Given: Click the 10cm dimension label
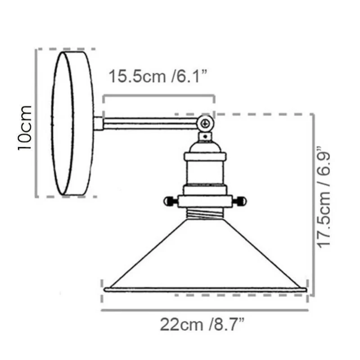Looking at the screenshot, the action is [24, 128].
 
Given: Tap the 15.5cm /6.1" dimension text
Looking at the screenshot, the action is [158, 76].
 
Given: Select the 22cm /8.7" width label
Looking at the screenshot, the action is [202, 324].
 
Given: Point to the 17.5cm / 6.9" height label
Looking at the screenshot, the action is [323, 197].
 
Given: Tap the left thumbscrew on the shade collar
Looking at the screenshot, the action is [171, 202].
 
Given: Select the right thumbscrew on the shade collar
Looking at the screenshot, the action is [239, 202].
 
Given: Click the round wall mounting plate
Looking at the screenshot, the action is [72, 123].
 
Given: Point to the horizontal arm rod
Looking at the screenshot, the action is [150, 123].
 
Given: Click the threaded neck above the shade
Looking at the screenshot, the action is [205, 213].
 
